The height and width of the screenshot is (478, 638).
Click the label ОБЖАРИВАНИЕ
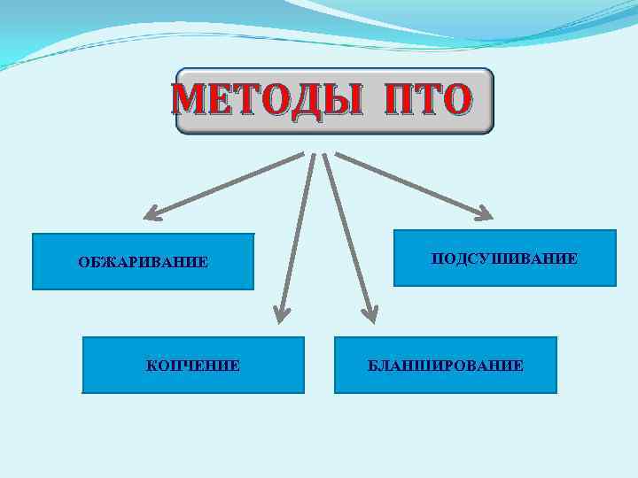(x=143, y=262)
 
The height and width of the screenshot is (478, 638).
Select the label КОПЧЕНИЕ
(x=192, y=365)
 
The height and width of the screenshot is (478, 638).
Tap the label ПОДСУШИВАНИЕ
(x=504, y=258)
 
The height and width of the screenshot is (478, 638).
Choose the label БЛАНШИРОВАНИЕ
(x=446, y=365)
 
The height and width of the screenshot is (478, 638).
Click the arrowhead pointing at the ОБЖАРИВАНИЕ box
(x=152, y=212)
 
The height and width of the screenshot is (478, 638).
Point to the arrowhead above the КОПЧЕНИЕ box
(x=281, y=312)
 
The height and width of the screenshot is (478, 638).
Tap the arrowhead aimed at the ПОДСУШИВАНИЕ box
(x=484, y=212)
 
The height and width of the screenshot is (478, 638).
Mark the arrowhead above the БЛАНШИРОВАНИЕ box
(x=368, y=312)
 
